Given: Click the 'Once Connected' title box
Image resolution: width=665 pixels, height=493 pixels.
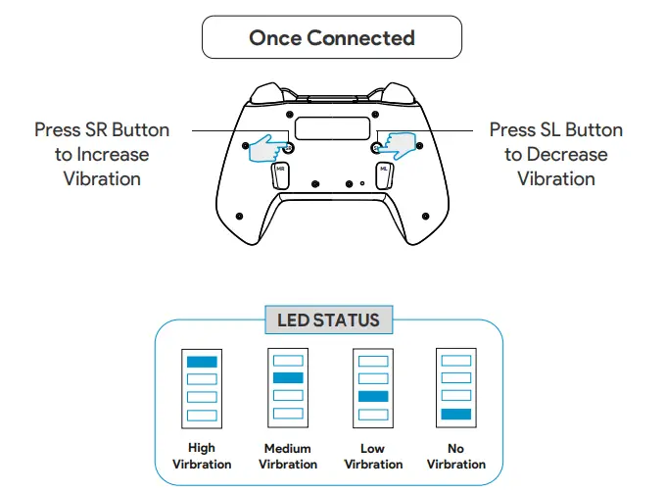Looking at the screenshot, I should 331,39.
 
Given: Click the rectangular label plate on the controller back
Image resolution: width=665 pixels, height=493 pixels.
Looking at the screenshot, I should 331,127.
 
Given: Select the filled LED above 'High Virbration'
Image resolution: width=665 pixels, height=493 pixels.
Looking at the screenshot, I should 202,361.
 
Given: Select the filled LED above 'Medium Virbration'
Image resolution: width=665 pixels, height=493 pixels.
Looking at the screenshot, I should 288,377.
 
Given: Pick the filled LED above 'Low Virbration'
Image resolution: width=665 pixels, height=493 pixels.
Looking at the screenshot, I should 372,396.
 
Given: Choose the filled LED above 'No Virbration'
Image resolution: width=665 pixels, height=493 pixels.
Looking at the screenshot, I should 456,414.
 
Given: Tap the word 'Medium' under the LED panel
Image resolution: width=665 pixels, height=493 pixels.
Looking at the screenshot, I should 287,449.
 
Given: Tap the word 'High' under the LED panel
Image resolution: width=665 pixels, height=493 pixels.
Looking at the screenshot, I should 202,449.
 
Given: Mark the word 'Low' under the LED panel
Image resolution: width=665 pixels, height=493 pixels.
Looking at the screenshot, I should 372,449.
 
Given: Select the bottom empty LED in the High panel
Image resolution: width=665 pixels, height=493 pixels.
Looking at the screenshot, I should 202,414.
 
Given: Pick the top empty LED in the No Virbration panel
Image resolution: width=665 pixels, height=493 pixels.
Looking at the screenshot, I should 456,361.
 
